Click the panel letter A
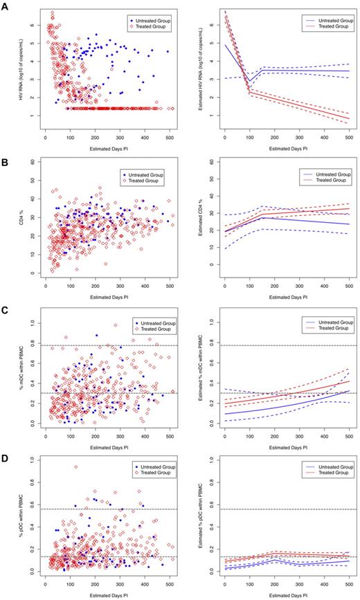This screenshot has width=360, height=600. (x=6, y=6)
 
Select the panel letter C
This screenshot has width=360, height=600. (x=6, y=308)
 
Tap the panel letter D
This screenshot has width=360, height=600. (x=6, y=457)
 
